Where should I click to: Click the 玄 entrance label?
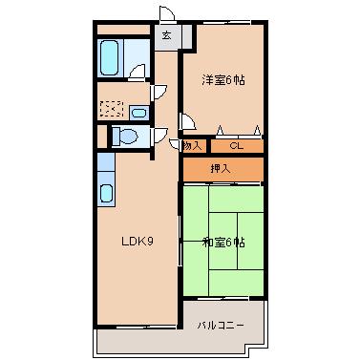click(166, 35)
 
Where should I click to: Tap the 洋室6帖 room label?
click(223, 80)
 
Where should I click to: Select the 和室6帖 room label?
click(223, 243)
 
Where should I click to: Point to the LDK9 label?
click(138, 242)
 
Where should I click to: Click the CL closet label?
click(237, 146)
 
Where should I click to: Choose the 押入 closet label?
click(221, 168)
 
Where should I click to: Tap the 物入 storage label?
click(193, 146)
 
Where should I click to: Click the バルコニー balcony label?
click(221, 326)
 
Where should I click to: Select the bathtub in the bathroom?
click(109, 58)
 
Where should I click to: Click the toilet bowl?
click(126, 136)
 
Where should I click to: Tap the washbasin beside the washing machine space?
click(138, 113)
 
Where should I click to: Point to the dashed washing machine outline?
click(112, 109)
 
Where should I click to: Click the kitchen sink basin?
click(106, 193)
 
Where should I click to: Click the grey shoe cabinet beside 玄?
click(187, 37)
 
